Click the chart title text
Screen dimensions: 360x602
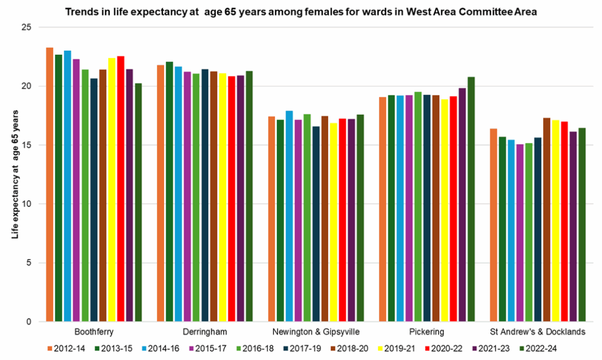[301, 11]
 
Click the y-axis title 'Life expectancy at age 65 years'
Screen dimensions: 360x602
[15, 174]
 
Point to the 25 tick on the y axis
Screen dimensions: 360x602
[28, 28]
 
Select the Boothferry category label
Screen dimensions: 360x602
[94, 332]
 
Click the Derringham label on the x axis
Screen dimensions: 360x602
[205, 332]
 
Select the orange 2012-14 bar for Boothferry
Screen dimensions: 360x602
[50, 185]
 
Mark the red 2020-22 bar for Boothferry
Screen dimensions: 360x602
[121, 189]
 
